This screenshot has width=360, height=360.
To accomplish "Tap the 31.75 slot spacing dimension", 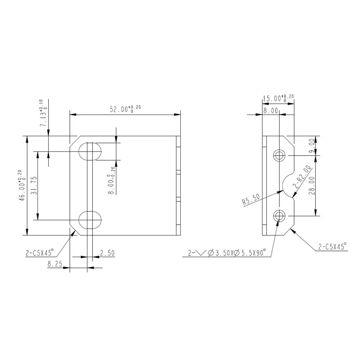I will [x=34, y=185].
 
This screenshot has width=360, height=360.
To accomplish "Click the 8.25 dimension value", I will [x=54, y=264].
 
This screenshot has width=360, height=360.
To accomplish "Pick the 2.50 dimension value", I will [x=107, y=253].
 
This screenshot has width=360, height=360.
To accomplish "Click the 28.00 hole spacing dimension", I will [x=312, y=186].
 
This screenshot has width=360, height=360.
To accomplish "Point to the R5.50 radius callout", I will [x=251, y=200].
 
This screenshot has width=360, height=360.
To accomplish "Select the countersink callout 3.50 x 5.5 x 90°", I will [x=229, y=253].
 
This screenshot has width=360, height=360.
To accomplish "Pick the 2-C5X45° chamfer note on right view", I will [x=332, y=247].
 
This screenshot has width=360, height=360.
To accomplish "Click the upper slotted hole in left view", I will [x=90, y=152].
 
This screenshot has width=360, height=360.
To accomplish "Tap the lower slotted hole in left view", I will [x=90, y=220].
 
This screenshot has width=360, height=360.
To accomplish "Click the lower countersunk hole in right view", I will [x=279, y=216].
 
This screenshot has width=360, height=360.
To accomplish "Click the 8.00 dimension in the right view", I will [x=270, y=111].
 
